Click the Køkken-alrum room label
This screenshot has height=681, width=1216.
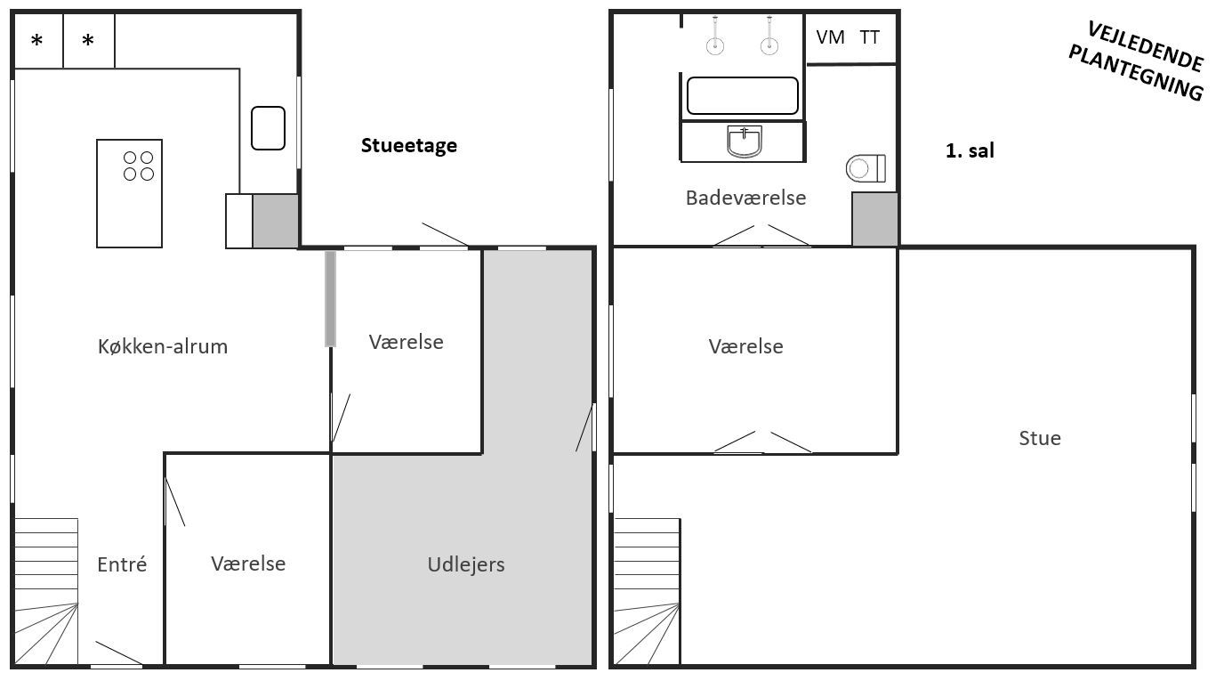click(x=162, y=346)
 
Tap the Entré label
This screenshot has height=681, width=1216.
click(x=122, y=564)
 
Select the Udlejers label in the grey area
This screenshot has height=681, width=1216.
click(x=466, y=564)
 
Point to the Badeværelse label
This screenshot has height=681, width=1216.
click(x=745, y=198)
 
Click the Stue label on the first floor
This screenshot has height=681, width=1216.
click(x=1040, y=438)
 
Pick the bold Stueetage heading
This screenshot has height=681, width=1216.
click(x=409, y=145)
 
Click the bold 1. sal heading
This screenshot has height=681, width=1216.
click(x=970, y=150)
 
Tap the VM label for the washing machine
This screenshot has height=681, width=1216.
click(x=830, y=37)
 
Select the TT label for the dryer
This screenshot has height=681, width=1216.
click(x=869, y=37)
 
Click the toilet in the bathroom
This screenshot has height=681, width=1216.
click(x=866, y=168)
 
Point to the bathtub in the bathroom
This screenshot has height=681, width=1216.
click(x=742, y=95)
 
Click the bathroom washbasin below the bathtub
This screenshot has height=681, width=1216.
click(x=745, y=142)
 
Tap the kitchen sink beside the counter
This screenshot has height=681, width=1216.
click(x=268, y=128)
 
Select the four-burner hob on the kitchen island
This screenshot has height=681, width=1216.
click(x=139, y=166)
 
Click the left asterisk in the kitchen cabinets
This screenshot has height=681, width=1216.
click(x=36, y=41)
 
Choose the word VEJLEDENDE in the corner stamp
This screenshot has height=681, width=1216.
click(x=1146, y=46)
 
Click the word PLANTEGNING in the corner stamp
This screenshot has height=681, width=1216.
click(x=1136, y=73)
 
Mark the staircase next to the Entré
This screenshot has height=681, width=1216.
click(x=46, y=591)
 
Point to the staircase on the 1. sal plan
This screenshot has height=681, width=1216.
click(x=647, y=591)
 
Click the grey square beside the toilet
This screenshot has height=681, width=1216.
click(x=874, y=219)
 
